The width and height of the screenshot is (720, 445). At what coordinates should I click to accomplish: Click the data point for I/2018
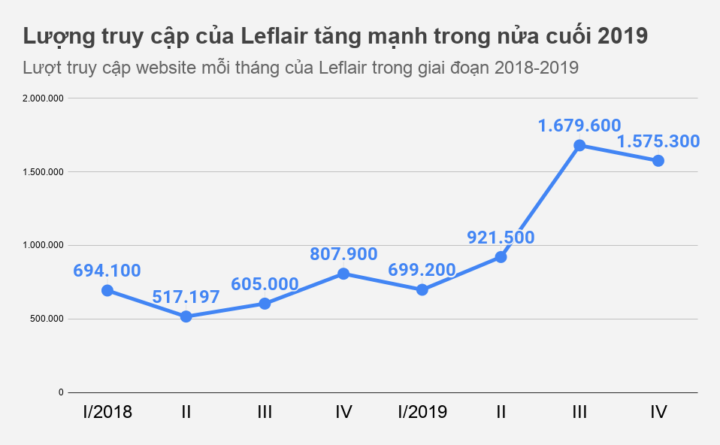click(x=107, y=290)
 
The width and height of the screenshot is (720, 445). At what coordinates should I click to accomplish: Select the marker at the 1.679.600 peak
click(x=579, y=145)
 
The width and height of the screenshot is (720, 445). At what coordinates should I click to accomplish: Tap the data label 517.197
click(x=186, y=297)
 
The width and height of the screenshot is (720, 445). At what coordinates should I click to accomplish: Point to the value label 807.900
click(x=343, y=255)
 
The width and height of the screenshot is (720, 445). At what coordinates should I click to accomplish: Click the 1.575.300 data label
click(x=658, y=141)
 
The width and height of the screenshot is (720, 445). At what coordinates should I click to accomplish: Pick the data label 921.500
click(x=501, y=238)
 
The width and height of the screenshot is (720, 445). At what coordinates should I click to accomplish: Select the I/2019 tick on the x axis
click(x=422, y=412)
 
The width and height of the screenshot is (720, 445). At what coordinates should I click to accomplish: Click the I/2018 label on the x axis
click(x=107, y=412)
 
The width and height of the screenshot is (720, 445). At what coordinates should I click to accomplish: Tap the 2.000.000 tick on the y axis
click(x=44, y=98)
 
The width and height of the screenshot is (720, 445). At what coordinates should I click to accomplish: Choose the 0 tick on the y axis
click(x=62, y=392)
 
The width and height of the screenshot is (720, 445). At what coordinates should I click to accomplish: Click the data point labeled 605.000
click(x=265, y=304)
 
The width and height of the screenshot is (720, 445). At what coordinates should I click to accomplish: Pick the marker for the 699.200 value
click(x=422, y=289)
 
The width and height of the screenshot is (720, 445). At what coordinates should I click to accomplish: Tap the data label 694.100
click(x=107, y=271)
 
